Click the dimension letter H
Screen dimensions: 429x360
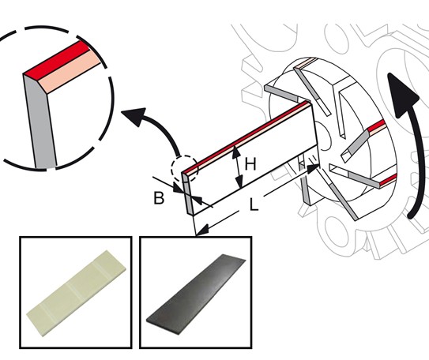point(250,164)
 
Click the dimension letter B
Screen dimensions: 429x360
point(159,198)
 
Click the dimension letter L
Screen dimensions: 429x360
point(254,204)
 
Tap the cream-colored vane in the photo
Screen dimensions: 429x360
point(77,293)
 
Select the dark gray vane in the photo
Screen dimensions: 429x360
point(196,294)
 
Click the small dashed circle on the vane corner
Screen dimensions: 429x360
point(184,169)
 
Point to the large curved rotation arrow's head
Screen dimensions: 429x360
point(402,94)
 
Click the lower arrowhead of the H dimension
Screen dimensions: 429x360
point(239,182)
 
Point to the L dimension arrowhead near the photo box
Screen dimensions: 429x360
point(203,230)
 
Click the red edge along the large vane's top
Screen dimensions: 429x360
point(246,137)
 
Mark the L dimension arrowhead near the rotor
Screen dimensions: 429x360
point(312,170)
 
